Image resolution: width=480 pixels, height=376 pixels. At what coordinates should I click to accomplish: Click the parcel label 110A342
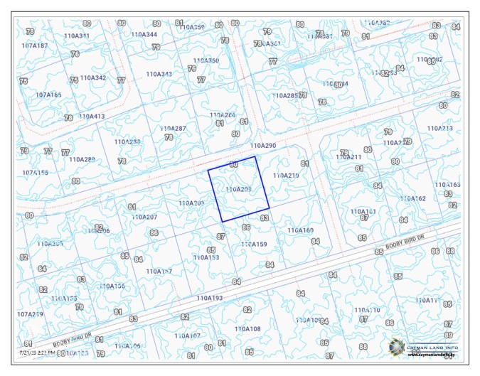click(x=92, y=77)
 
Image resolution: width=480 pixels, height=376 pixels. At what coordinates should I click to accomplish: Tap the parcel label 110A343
click(x=159, y=74)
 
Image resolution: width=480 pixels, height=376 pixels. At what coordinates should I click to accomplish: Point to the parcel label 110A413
click(x=92, y=116)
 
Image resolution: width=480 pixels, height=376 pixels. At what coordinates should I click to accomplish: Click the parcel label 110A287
click(x=173, y=129)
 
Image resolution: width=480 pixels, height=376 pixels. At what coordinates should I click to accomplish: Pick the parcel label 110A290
click(x=262, y=146)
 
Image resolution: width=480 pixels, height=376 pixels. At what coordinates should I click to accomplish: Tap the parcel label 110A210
click(x=286, y=175)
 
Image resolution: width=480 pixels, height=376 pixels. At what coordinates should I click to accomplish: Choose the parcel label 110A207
click(x=144, y=217)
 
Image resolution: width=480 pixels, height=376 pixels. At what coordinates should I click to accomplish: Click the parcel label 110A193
click(x=210, y=298)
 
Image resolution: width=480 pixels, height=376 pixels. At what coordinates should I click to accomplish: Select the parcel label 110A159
click(x=254, y=245)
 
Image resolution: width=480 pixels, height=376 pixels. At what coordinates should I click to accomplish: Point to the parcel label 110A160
click(x=300, y=230)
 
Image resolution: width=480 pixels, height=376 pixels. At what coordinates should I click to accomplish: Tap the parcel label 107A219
click(x=30, y=313)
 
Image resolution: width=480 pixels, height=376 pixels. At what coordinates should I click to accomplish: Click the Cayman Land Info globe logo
click(x=396, y=346)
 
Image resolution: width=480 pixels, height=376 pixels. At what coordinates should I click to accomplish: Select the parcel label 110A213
click(x=439, y=129)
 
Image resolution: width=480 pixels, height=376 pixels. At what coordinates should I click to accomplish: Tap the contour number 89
click(x=448, y=335)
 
